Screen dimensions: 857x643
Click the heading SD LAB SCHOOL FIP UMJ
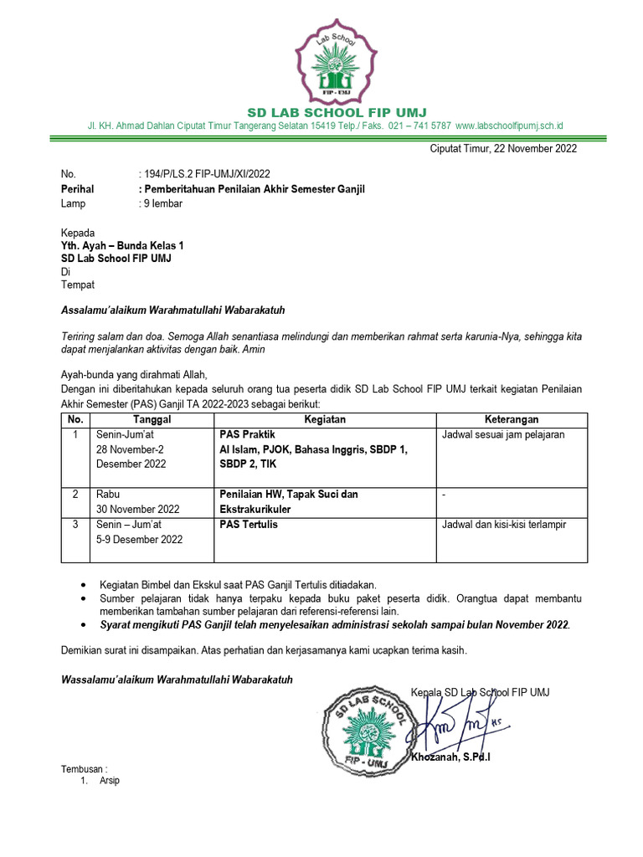point(326,112)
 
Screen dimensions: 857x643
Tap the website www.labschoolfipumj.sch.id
point(509,126)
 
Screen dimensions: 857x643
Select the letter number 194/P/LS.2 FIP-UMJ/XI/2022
point(207,174)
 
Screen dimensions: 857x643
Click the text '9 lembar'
point(162,203)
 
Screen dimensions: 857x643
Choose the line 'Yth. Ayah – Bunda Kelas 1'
point(122,245)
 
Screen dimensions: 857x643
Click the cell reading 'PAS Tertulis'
point(249,525)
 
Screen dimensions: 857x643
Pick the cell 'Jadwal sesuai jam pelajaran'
point(503,435)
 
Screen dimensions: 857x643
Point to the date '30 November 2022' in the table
point(138,509)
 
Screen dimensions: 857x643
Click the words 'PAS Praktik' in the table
point(248,435)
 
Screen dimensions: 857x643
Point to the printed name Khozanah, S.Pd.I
point(450,758)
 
